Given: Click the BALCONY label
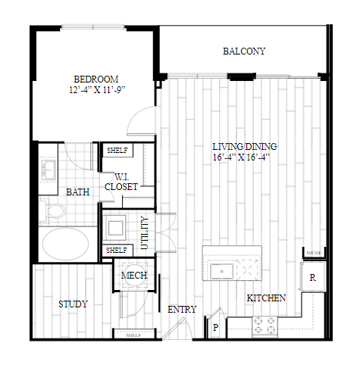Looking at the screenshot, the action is click(244, 51).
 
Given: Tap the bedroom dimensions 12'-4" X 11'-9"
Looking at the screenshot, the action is click(97, 90).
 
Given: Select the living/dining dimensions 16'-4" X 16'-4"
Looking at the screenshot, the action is click(241, 157).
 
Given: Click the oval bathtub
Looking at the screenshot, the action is click(65, 243).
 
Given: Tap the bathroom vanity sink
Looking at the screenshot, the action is click(49, 170).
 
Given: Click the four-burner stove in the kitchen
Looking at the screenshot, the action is click(265, 326).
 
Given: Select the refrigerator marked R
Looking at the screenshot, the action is click(312, 277).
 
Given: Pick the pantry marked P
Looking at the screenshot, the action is click(215, 327).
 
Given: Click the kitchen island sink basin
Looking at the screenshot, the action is click(221, 271).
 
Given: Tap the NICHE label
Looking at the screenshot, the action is click(314, 253).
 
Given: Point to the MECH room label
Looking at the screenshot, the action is click(134, 275).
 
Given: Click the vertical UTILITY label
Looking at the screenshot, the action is click(145, 232).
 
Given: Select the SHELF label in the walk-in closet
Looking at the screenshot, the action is click(117, 151).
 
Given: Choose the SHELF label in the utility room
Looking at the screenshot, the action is click(117, 251).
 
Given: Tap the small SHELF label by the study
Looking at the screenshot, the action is click(133, 335).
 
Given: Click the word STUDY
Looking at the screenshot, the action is click(73, 304).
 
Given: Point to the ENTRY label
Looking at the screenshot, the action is click(182, 310).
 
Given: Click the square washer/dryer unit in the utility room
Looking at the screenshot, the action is click(115, 228).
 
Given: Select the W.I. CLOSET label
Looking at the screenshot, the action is click(121, 182).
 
